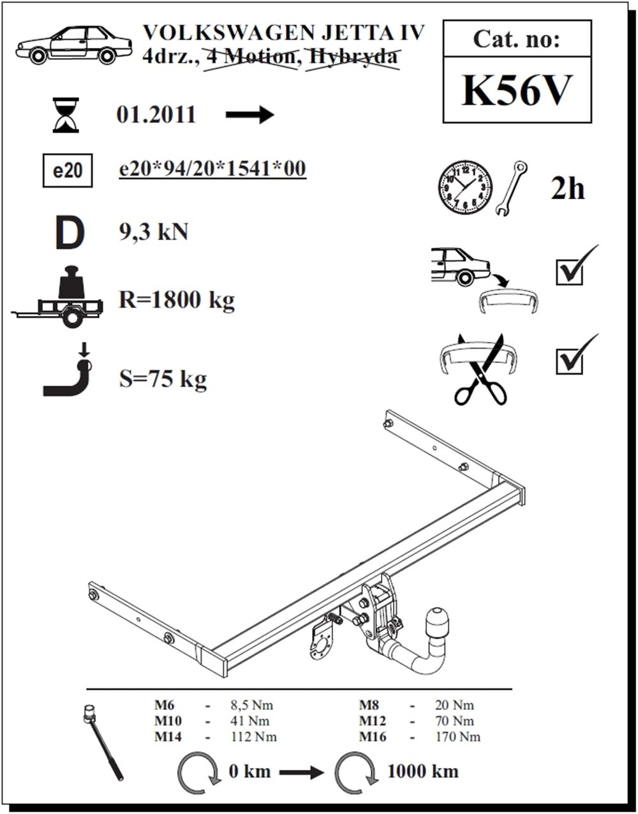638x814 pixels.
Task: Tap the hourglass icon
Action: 66,115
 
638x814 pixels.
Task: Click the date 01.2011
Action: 156,115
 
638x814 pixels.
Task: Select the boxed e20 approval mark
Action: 68,170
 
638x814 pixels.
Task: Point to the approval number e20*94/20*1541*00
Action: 212,169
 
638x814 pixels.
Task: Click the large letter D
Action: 70,233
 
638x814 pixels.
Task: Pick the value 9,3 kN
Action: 153,233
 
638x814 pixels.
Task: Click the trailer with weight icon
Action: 57,297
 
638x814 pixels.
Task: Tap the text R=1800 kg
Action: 177,301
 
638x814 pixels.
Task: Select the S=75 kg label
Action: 163,379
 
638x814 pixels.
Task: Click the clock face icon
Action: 465,188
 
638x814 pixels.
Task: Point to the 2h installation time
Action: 567,190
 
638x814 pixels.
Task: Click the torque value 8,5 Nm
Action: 252,705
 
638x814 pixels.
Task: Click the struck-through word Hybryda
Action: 352,57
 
